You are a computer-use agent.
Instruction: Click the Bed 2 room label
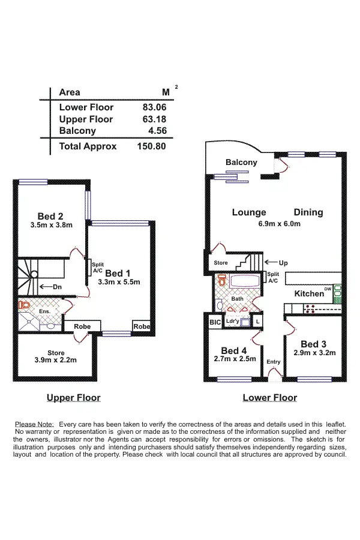coord(50,217)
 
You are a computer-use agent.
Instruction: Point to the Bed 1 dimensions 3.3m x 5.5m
coord(118,282)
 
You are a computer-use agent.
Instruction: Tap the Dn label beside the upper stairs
coord(58,287)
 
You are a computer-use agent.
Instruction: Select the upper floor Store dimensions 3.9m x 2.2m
coord(55,360)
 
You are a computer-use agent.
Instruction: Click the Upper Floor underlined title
coord(74,398)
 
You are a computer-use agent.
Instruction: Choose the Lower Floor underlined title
coord(269,398)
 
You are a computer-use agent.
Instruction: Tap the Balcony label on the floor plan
coord(241,163)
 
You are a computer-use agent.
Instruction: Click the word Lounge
coord(249,212)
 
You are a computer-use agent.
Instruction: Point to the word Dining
coord(308,212)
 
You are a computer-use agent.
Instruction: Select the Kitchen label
coord(308,294)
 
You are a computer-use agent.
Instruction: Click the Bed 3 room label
coord(313,344)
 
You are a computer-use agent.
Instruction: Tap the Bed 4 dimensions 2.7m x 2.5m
coord(235,359)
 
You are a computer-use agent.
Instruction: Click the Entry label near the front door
coord(274,362)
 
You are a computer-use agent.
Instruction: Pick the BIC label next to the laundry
coord(215,322)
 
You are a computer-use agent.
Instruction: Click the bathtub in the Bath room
coord(244,281)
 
